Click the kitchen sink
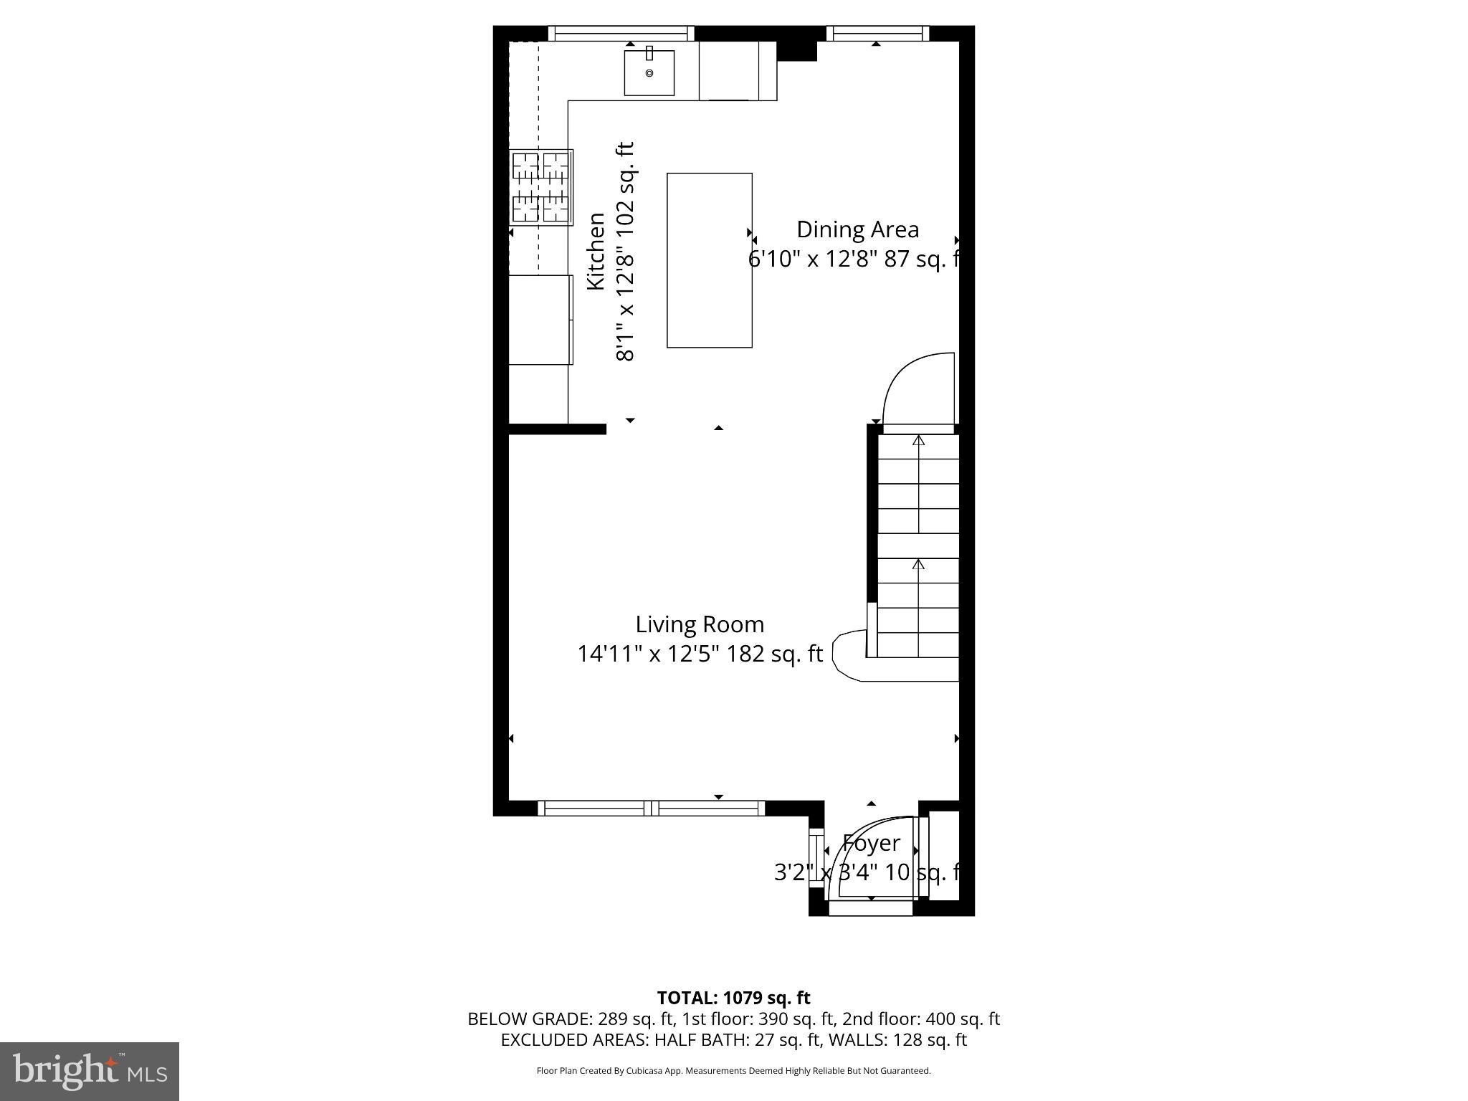point(649,72)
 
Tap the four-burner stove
point(541,187)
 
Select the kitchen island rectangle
point(709,260)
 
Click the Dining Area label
point(857,229)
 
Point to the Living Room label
point(700,624)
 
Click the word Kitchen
point(596,252)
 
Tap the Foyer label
point(871,843)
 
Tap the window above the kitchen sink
point(621,33)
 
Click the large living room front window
point(651,809)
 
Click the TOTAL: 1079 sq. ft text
point(733,998)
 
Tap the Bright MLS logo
point(90,1071)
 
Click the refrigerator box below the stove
point(540,320)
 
